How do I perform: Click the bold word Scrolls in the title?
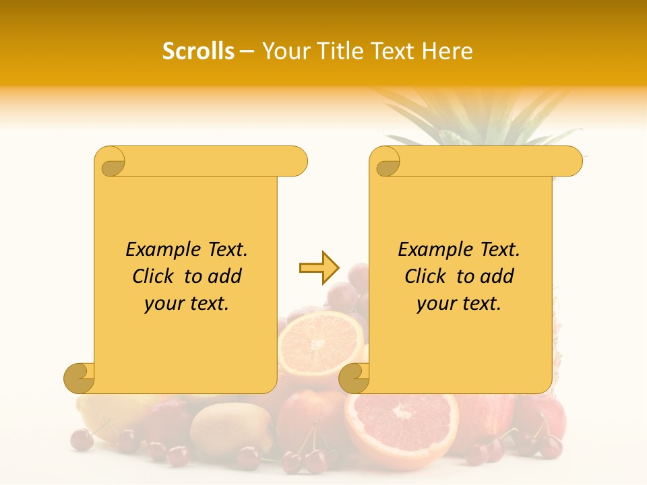[198, 51]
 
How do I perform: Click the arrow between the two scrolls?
[319, 268]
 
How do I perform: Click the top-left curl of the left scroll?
[111, 162]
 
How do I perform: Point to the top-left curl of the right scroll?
[386, 162]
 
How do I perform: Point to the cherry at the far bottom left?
[82, 439]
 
